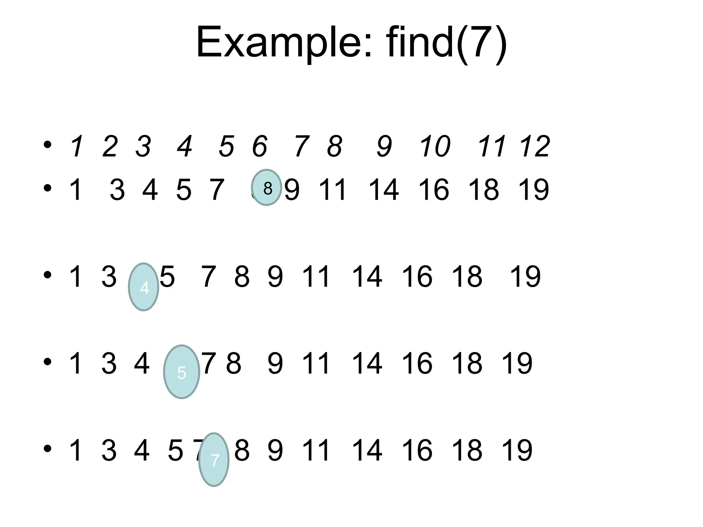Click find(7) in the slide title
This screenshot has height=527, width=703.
446,43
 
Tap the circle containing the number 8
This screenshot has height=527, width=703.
267,188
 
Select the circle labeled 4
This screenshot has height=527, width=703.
143,287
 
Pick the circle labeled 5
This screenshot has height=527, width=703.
182,372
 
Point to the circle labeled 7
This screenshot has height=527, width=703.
214,459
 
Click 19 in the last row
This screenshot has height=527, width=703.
517,450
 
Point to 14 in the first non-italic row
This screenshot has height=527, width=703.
383,189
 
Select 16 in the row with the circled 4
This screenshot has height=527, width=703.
417,277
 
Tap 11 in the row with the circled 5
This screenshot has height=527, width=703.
316,363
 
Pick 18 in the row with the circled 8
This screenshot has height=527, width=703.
484,189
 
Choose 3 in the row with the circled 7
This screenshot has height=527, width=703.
109,450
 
